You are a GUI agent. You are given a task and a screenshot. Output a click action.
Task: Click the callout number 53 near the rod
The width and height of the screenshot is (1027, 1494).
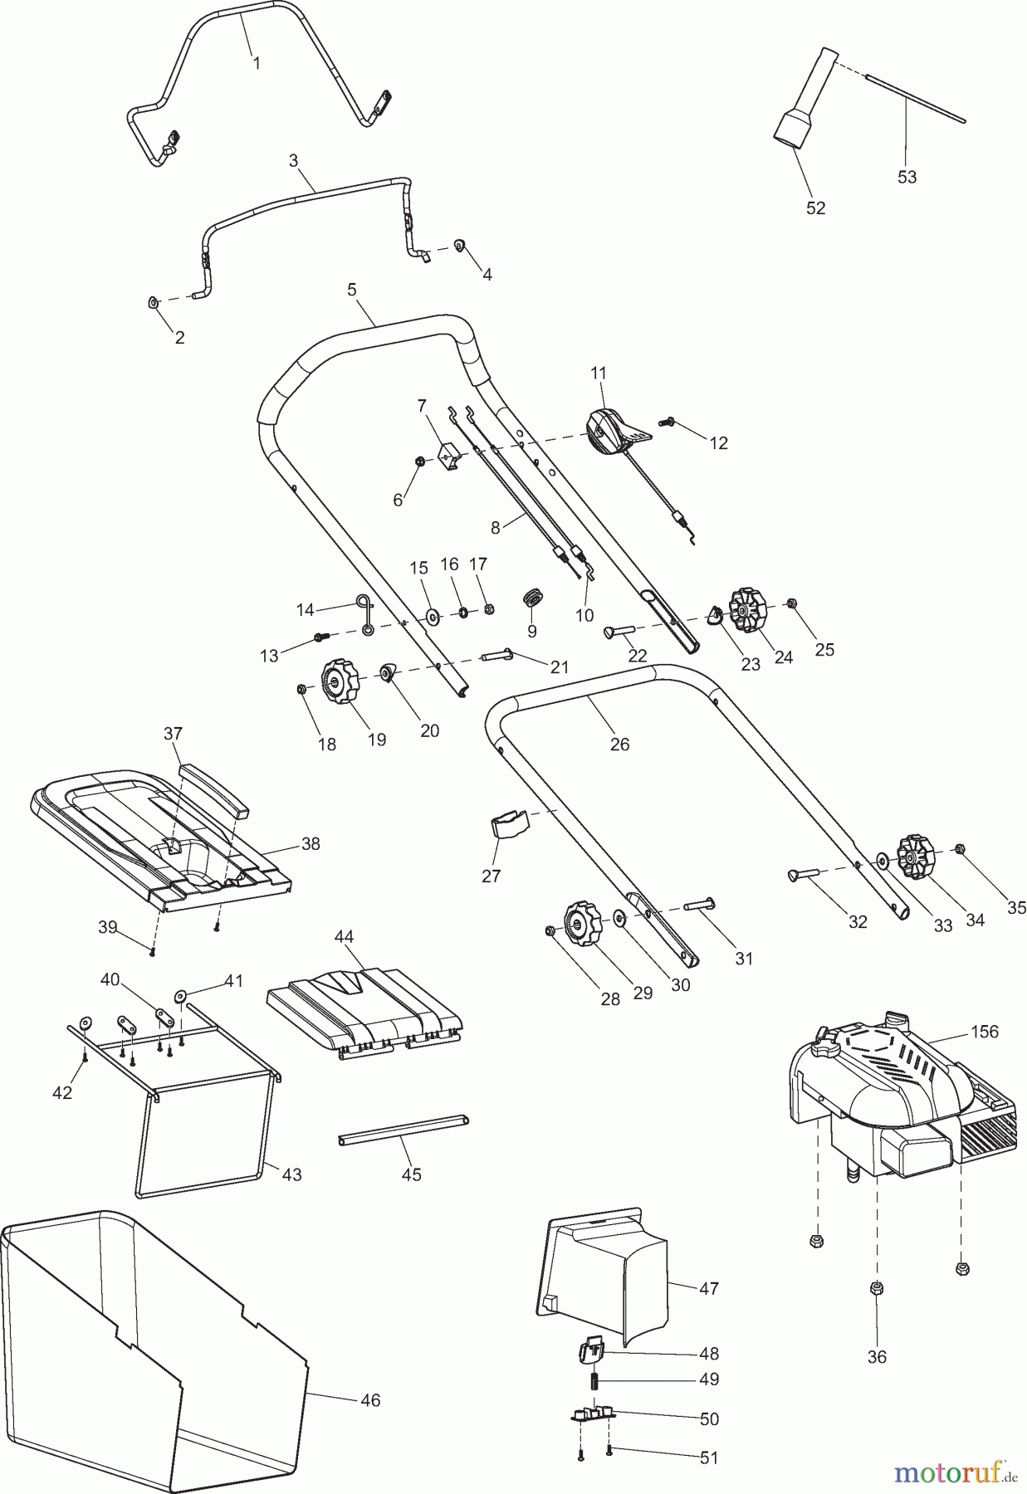tap(907, 177)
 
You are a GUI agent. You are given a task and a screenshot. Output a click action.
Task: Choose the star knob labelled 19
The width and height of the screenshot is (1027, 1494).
tap(339, 681)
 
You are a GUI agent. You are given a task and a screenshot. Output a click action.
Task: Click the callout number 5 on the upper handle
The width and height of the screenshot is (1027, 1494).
tap(352, 290)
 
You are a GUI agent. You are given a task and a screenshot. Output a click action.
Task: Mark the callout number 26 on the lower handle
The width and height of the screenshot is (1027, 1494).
tap(619, 744)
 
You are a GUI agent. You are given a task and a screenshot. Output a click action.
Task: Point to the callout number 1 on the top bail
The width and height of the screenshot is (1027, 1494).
tap(256, 63)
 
